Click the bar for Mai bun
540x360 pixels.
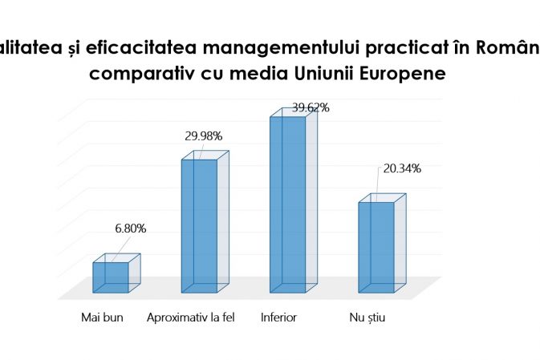coord(111,277)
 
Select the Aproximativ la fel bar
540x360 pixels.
coord(199,226)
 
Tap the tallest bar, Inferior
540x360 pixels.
coord(287,204)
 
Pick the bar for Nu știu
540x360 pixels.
coord(376,247)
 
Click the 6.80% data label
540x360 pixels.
coord(131,229)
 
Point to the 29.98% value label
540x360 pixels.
coord(203,136)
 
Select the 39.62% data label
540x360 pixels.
coord(311,107)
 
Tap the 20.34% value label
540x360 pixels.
coord(402,168)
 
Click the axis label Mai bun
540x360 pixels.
coord(100,318)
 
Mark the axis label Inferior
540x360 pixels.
coord(279,318)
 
